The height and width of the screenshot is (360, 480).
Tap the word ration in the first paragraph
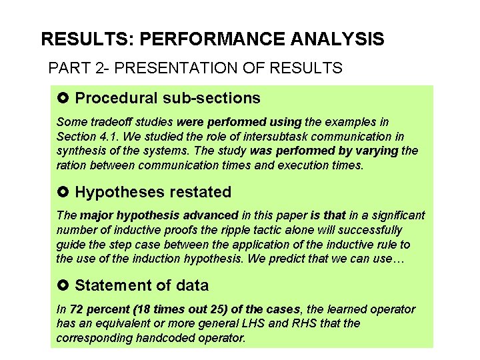(x=72, y=165)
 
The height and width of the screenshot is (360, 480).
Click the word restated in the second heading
(x=199, y=193)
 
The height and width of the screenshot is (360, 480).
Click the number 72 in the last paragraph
(x=76, y=309)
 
